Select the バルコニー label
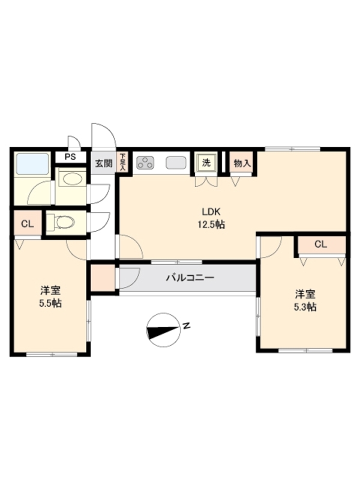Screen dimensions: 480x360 pyautogui.click(x=190, y=278)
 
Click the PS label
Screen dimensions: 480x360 pyautogui.click(x=71, y=157)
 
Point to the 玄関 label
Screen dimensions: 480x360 pyautogui.click(x=103, y=163)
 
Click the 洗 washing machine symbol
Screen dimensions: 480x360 pyautogui.click(x=206, y=162)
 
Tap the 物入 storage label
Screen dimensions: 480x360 pyautogui.click(x=242, y=163)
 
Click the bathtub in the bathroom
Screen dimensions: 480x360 pyautogui.click(x=32, y=163)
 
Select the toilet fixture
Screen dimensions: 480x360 pyautogui.click(x=61, y=223)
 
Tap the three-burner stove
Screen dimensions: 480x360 pyautogui.click(x=146, y=162)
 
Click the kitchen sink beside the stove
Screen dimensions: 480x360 pyautogui.click(x=175, y=162)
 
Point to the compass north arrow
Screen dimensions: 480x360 pyautogui.click(x=163, y=329)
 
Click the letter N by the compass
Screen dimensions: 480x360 pyautogui.click(x=187, y=326)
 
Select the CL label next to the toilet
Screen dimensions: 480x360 pyautogui.click(x=27, y=224)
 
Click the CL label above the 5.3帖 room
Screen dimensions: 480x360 pyautogui.click(x=320, y=244)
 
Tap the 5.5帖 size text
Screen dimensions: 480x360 pyautogui.click(x=50, y=304)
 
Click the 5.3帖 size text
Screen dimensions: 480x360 pyautogui.click(x=305, y=307)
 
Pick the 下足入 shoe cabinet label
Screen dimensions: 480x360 pyautogui.click(x=123, y=162)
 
